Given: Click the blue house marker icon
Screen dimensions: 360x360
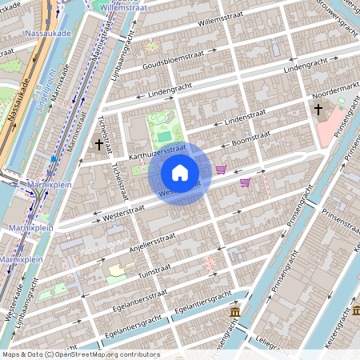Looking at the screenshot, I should tap(180, 173).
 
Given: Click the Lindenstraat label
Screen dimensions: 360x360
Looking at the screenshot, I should tap(243, 119).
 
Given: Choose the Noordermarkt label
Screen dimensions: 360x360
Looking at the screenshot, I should tap(334, 91).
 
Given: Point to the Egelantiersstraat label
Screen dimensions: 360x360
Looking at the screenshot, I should tap(142, 297).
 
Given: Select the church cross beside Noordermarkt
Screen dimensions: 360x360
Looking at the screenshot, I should tap(318, 109).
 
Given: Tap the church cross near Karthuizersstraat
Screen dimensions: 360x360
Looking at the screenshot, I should tap(99, 145).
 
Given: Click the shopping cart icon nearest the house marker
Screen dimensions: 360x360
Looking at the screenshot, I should tap(221, 170).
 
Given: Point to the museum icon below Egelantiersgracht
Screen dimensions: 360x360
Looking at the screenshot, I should tap(235, 311).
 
